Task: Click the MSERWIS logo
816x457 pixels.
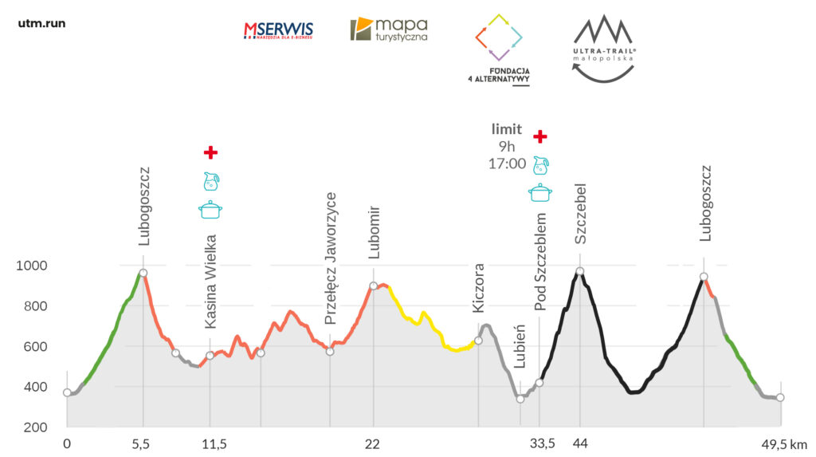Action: coord(278,30)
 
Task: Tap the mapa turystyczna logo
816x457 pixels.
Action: coord(389,30)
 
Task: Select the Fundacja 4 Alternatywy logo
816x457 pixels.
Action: coord(500,48)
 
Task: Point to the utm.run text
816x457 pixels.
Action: coord(41,23)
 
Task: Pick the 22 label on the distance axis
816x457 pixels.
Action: coord(372,443)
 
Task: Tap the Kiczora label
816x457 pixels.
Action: coord(478,288)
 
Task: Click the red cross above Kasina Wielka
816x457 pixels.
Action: coord(210,152)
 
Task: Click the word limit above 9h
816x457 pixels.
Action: coord(507,129)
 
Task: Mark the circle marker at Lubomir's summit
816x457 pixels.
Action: coord(373,286)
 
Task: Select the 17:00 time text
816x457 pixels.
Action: coord(507,164)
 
